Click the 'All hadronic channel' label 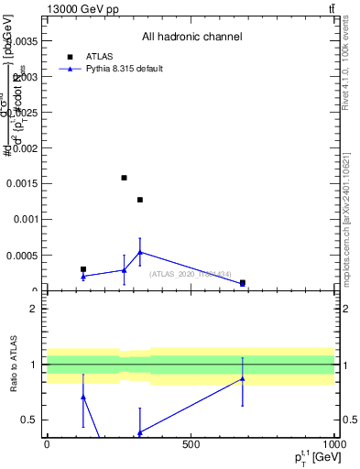(191, 38)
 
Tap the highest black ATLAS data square (124, 178)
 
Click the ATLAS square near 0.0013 (140, 200)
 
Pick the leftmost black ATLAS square (83, 269)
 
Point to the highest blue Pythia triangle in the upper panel (140, 252)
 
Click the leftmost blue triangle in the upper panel (83, 276)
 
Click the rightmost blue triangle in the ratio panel (242, 378)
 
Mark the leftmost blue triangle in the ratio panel (83, 397)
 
